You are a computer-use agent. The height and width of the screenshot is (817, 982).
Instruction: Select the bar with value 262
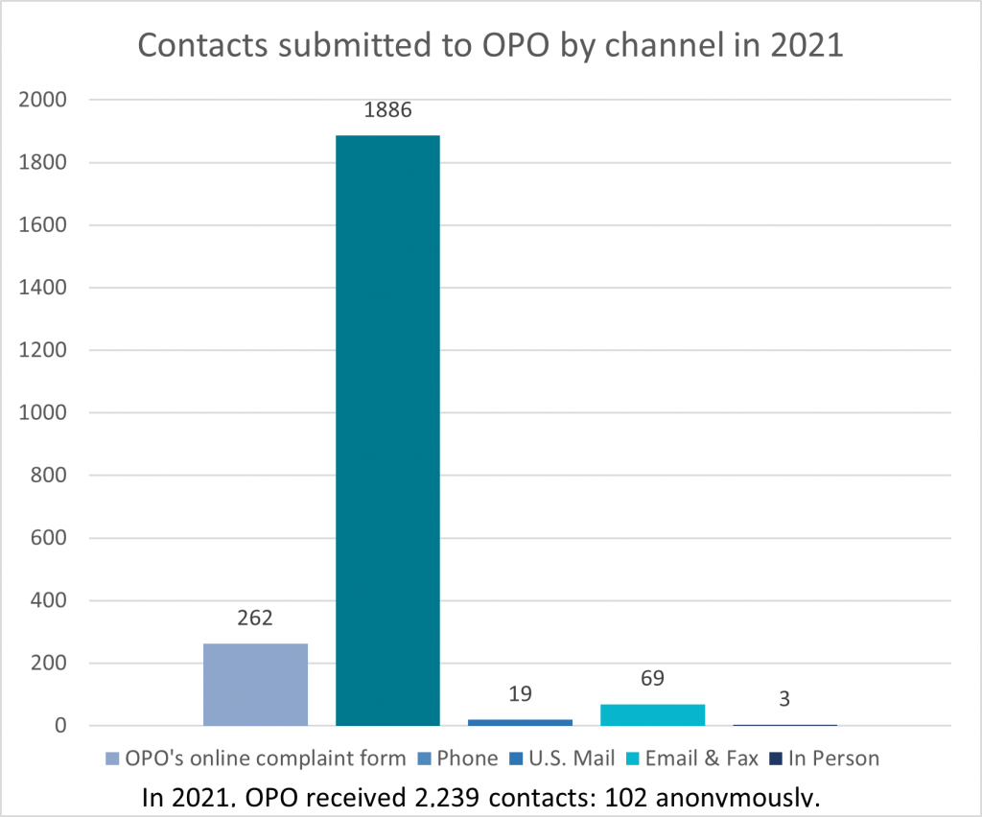(x=255, y=684)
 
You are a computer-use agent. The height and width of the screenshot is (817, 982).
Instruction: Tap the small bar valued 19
(x=521, y=722)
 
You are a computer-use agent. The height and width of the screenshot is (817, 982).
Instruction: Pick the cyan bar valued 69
(x=653, y=714)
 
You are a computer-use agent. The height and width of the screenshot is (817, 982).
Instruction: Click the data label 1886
(x=387, y=109)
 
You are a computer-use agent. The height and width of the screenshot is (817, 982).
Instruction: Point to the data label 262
(x=256, y=618)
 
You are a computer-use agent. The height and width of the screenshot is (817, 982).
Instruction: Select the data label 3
(x=784, y=699)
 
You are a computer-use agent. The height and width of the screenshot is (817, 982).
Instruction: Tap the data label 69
(x=652, y=679)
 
